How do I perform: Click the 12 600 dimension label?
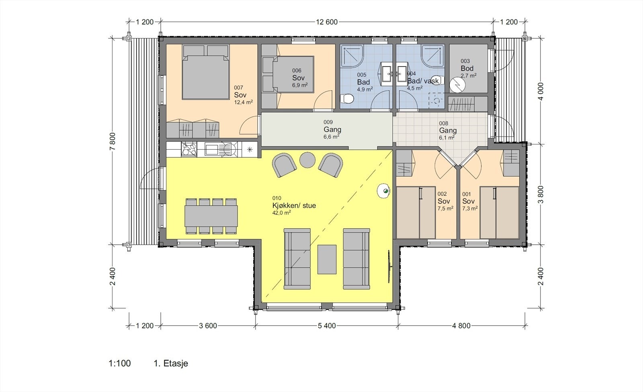point(327,22)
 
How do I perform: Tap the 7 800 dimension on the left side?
point(113,141)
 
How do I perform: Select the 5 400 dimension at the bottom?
point(327,326)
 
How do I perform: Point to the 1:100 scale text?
point(120,363)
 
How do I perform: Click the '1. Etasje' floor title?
point(171,363)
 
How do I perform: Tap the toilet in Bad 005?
point(347,99)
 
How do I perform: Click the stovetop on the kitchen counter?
point(189,149)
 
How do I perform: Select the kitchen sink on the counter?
point(221,149)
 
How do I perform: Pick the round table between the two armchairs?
point(307,160)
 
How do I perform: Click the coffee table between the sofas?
point(327,259)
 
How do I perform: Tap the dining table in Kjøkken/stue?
point(211,216)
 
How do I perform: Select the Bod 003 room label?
point(467,68)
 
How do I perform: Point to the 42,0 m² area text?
point(282,213)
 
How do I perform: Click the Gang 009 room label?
point(332,129)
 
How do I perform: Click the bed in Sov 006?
point(293,74)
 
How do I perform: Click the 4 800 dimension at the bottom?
point(461,326)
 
